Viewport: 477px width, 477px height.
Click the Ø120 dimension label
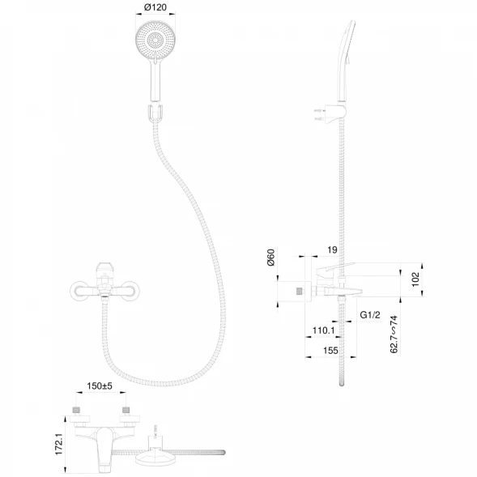coord(155,7)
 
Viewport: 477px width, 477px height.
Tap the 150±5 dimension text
coord(100,386)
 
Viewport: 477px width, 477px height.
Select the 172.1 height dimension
coord(58,444)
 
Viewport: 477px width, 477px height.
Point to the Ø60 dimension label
coord(270,258)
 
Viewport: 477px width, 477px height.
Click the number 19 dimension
coord(333,249)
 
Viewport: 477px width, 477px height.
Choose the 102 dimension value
coord(415,279)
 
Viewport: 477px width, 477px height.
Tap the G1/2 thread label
coord(370,315)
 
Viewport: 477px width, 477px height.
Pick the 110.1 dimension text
coord(323,330)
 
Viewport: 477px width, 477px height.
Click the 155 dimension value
coord(330,351)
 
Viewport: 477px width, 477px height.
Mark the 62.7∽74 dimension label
coord(394,334)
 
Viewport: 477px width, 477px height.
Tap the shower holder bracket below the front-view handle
coord(155,113)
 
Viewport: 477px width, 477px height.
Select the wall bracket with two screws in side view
coord(331,113)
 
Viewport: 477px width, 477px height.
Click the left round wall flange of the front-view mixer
coord(79,291)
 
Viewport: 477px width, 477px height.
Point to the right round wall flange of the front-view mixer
coord(130,291)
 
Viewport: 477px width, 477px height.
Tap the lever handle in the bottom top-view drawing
coord(104,449)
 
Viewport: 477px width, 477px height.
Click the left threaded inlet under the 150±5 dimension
coord(76,410)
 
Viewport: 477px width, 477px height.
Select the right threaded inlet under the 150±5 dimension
coord(126,410)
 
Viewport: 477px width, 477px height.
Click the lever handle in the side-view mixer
coord(334,268)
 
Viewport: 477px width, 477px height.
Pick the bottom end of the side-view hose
coord(342,385)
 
